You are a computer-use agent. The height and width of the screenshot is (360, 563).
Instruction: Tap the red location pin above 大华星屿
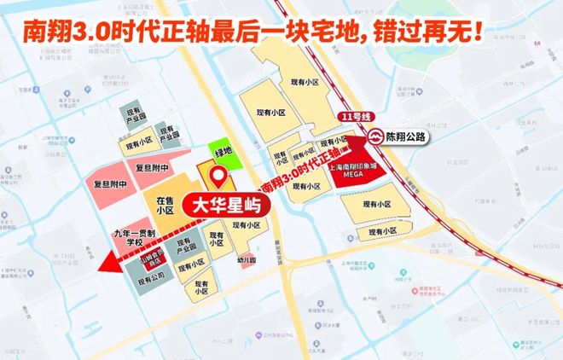(219, 177)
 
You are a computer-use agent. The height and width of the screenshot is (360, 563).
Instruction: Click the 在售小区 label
(165, 205)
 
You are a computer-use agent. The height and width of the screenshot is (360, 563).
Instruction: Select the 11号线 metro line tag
(351, 115)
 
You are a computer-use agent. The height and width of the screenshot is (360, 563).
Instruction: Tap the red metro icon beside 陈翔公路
(375, 136)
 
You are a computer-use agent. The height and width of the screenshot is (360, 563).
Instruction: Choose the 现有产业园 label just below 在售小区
(187, 248)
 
